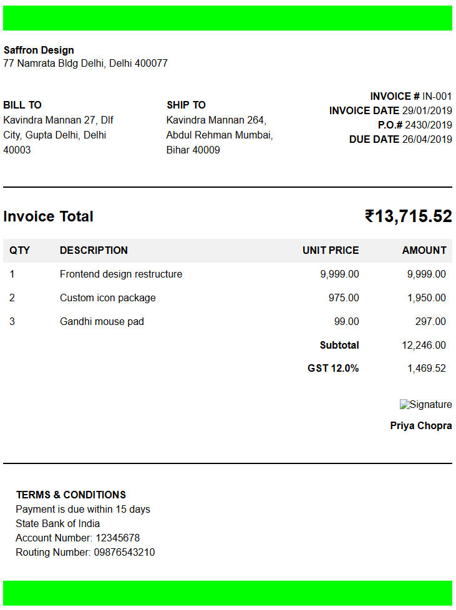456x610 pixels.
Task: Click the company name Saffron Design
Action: tap(39, 50)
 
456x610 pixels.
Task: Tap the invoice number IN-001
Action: tap(437, 96)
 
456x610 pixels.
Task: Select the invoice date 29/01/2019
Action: tap(427, 110)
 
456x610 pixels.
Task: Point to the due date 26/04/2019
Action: tap(427, 139)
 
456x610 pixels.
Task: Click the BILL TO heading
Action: tap(22, 105)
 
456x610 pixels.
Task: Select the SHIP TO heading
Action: tap(186, 105)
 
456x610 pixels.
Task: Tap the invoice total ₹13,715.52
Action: tap(408, 216)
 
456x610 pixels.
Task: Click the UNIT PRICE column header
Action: tap(331, 250)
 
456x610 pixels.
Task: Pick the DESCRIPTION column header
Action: tap(94, 250)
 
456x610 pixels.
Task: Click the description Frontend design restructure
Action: tap(121, 274)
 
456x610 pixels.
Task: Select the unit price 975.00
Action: tap(344, 298)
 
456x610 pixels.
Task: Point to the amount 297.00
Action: tap(430, 321)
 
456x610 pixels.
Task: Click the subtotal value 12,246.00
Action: tap(424, 345)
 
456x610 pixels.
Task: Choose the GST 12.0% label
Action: tap(333, 368)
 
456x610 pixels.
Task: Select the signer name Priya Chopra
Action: tap(421, 425)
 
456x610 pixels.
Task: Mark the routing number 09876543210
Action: tap(124, 552)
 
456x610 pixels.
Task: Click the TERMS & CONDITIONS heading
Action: tap(71, 495)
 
